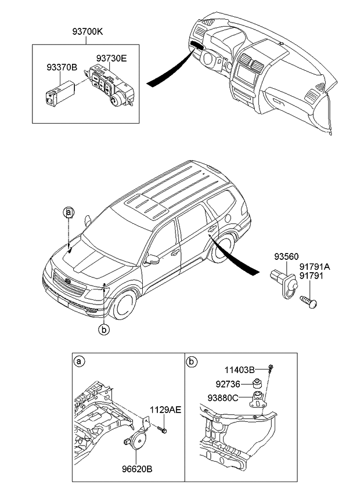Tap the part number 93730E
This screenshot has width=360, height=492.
point(111,58)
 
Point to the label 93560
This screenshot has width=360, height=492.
point(286,256)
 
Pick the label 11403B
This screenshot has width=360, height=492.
point(241,369)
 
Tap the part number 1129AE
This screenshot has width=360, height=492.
point(165,410)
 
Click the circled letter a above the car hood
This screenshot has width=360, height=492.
point(69,212)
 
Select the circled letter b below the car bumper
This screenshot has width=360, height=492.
point(104,330)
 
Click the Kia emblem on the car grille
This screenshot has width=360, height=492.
point(68,282)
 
